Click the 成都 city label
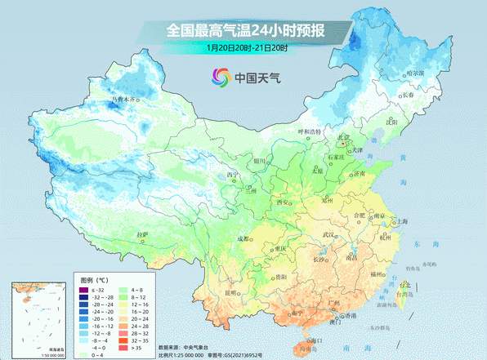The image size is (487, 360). pos(242,238)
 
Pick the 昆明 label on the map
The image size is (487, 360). pos(231,291)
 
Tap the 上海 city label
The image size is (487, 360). pos(401,221)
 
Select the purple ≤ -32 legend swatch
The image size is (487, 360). pos(83,291)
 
